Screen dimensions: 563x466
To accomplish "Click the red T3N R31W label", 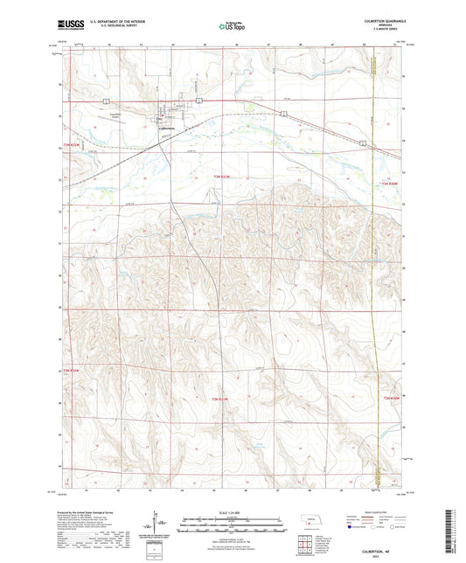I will point(222,177).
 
